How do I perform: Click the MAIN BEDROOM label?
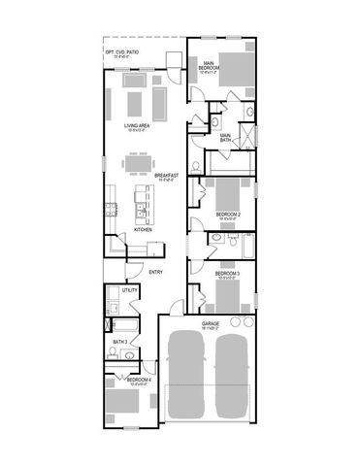coord(209,65)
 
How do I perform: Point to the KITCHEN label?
coord(143,229)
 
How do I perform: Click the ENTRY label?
coord(154,272)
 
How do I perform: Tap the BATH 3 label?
coord(119,342)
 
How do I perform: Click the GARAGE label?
coord(210,323)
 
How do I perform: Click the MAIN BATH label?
coord(225,137)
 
